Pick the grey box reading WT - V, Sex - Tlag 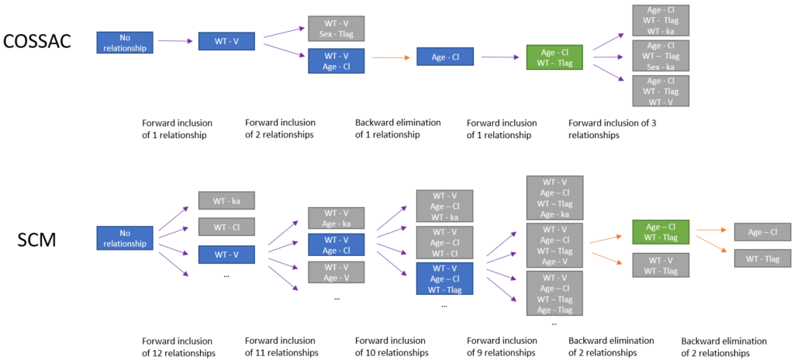click(x=336, y=29)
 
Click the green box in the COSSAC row click(x=554, y=57)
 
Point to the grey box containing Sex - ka click(x=661, y=56)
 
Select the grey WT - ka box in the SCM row click(x=226, y=201)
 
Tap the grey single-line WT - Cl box click(x=226, y=227)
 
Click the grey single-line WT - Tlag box click(x=762, y=258)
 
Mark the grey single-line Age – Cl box click(x=762, y=231)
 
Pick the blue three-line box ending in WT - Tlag click(x=444, y=279)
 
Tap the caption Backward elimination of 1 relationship click(x=398, y=129)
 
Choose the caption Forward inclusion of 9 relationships click(x=502, y=347)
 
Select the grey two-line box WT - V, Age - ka click(x=336, y=218)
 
